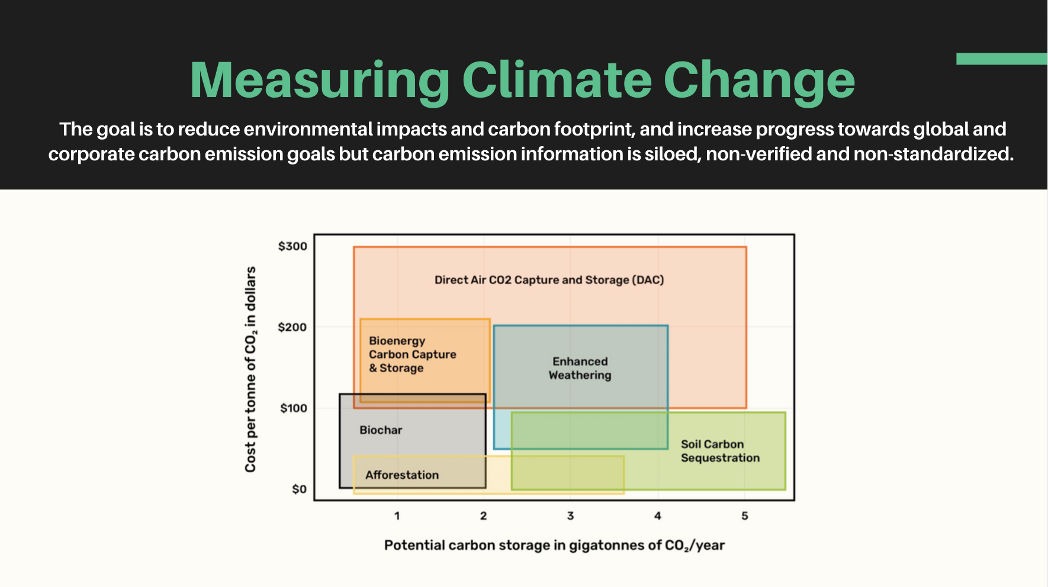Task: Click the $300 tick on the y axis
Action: point(292,246)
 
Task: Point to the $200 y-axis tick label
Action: point(292,327)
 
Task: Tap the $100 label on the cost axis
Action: point(293,408)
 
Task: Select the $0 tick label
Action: point(299,489)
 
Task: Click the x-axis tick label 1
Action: point(397,516)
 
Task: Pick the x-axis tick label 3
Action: point(570,516)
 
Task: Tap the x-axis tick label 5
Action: point(744,516)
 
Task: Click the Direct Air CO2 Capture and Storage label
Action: point(549,280)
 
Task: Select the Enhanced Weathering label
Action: point(580,368)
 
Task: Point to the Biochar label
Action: point(381,430)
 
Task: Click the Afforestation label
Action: point(401,475)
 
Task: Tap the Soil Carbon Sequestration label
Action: point(719,451)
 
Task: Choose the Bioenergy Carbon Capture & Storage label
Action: point(412,354)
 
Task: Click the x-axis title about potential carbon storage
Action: point(554,545)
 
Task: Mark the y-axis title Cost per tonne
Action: point(250,369)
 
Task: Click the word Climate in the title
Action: point(557,80)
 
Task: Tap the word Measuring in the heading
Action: point(320,80)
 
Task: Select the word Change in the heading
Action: point(759,80)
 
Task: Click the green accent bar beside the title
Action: point(1001,59)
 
